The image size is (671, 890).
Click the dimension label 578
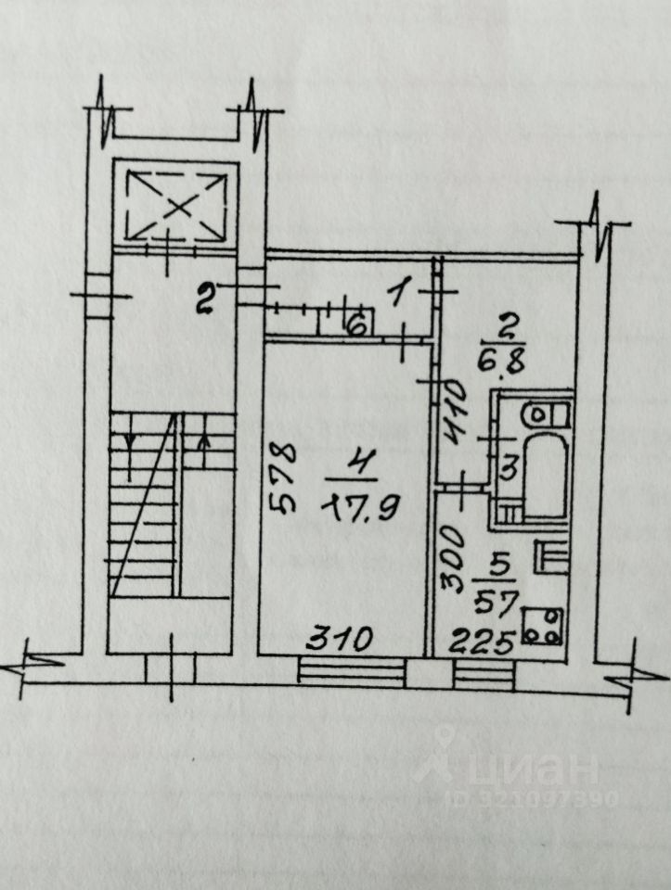point(283,477)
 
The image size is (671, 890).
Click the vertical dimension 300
point(452,558)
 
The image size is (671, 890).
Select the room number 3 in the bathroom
point(507,469)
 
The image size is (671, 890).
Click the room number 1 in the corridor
point(398,296)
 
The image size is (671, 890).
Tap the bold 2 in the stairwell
point(206,298)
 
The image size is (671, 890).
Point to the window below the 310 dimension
point(353,672)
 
